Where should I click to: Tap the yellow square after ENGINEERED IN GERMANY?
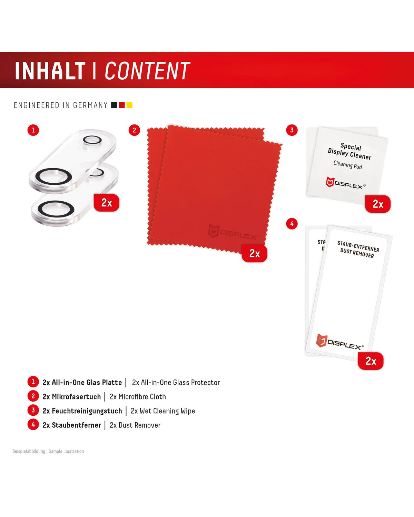pos(129,105)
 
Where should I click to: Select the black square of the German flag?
pos(114,105)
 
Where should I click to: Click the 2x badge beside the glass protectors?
pos(107,203)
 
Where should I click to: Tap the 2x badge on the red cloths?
pos(255,253)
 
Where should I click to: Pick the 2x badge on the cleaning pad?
pos(378,204)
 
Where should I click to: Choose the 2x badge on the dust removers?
pos(371,361)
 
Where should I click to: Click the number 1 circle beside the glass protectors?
pos(33,130)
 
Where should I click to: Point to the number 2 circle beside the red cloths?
pos(134,130)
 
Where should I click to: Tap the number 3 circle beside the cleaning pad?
pos(292,130)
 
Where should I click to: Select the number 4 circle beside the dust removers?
pos(292,224)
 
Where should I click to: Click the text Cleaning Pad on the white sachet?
pos(348,165)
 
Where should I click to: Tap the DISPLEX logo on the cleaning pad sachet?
pos(346,183)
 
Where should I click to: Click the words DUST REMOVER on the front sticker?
pos(357,253)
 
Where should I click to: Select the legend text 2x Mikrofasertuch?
pos(72,397)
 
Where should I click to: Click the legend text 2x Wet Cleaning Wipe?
pos(162,411)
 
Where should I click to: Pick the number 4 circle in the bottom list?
pos(33,425)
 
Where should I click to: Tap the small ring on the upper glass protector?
pos(92,140)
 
